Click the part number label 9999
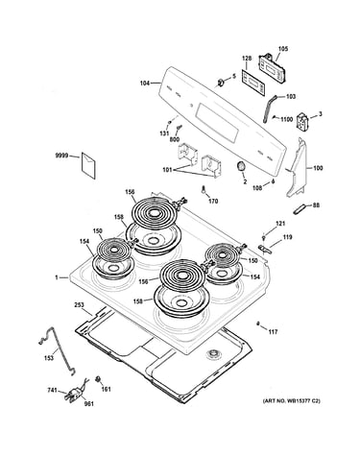(62, 156)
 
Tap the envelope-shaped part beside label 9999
(88, 165)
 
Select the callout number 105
(283, 49)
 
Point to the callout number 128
(247, 59)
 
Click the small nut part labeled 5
(221, 83)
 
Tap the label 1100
(286, 119)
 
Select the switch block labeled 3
(302, 123)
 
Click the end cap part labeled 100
(298, 170)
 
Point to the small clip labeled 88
(299, 209)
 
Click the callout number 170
(213, 201)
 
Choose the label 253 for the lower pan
(79, 304)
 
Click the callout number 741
(52, 390)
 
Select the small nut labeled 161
(98, 379)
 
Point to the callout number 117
(273, 332)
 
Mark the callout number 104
(145, 84)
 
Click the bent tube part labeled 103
(270, 108)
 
